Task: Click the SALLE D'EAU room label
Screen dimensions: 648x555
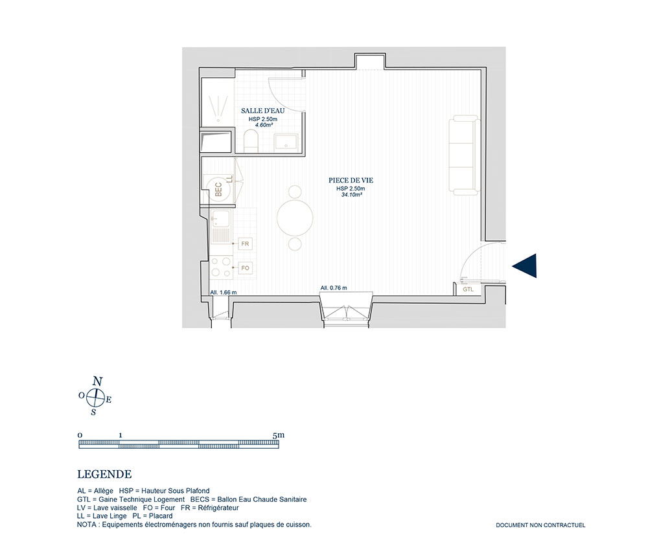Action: tap(263, 111)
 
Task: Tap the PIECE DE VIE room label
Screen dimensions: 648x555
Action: tap(351, 181)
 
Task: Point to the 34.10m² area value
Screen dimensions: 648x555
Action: tap(351, 194)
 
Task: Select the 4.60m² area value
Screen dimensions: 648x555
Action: tap(263, 125)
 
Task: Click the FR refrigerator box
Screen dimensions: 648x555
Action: tap(245, 244)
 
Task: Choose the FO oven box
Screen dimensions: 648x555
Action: tap(245, 268)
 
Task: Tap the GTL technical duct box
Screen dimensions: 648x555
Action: tap(468, 289)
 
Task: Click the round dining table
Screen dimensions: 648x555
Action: tap(295, 218)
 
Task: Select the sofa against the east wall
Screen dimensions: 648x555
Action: tap(465, 155)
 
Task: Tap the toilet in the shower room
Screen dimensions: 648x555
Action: tap(250, 141)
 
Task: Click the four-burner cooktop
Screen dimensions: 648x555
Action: tap(221, 267)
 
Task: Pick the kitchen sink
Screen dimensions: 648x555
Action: tap(221, 226)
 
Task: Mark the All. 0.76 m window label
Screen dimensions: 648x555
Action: tap(334, 288)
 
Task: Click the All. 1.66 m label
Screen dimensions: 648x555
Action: tap(223, 292)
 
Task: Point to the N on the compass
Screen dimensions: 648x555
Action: tap(98, 381)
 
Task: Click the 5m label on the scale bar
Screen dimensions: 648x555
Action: tap(279, 435)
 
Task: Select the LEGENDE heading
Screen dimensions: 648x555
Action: tap(104, 475)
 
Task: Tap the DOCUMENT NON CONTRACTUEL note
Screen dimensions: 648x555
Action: tap(540, 525)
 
